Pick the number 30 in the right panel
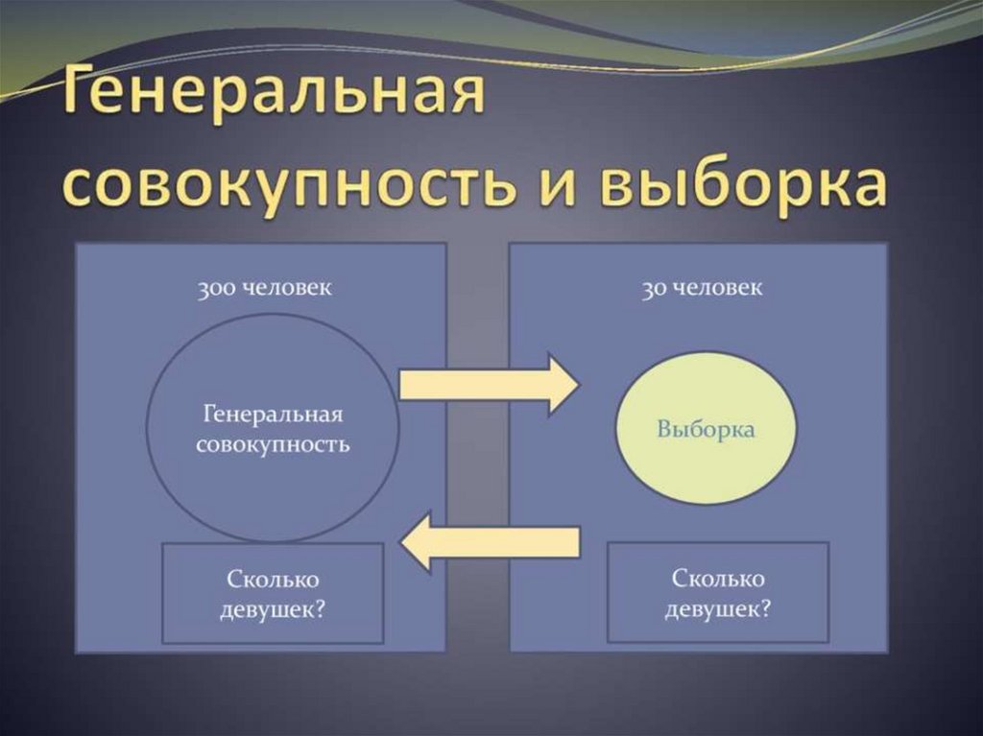click(657, 288)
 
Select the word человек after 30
click(717, 288)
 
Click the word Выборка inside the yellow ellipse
click(706, 429)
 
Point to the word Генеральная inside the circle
click(274, 415)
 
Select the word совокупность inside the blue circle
click(273, 445)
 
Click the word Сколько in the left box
click(273, 579)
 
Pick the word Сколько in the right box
click(718, 579)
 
